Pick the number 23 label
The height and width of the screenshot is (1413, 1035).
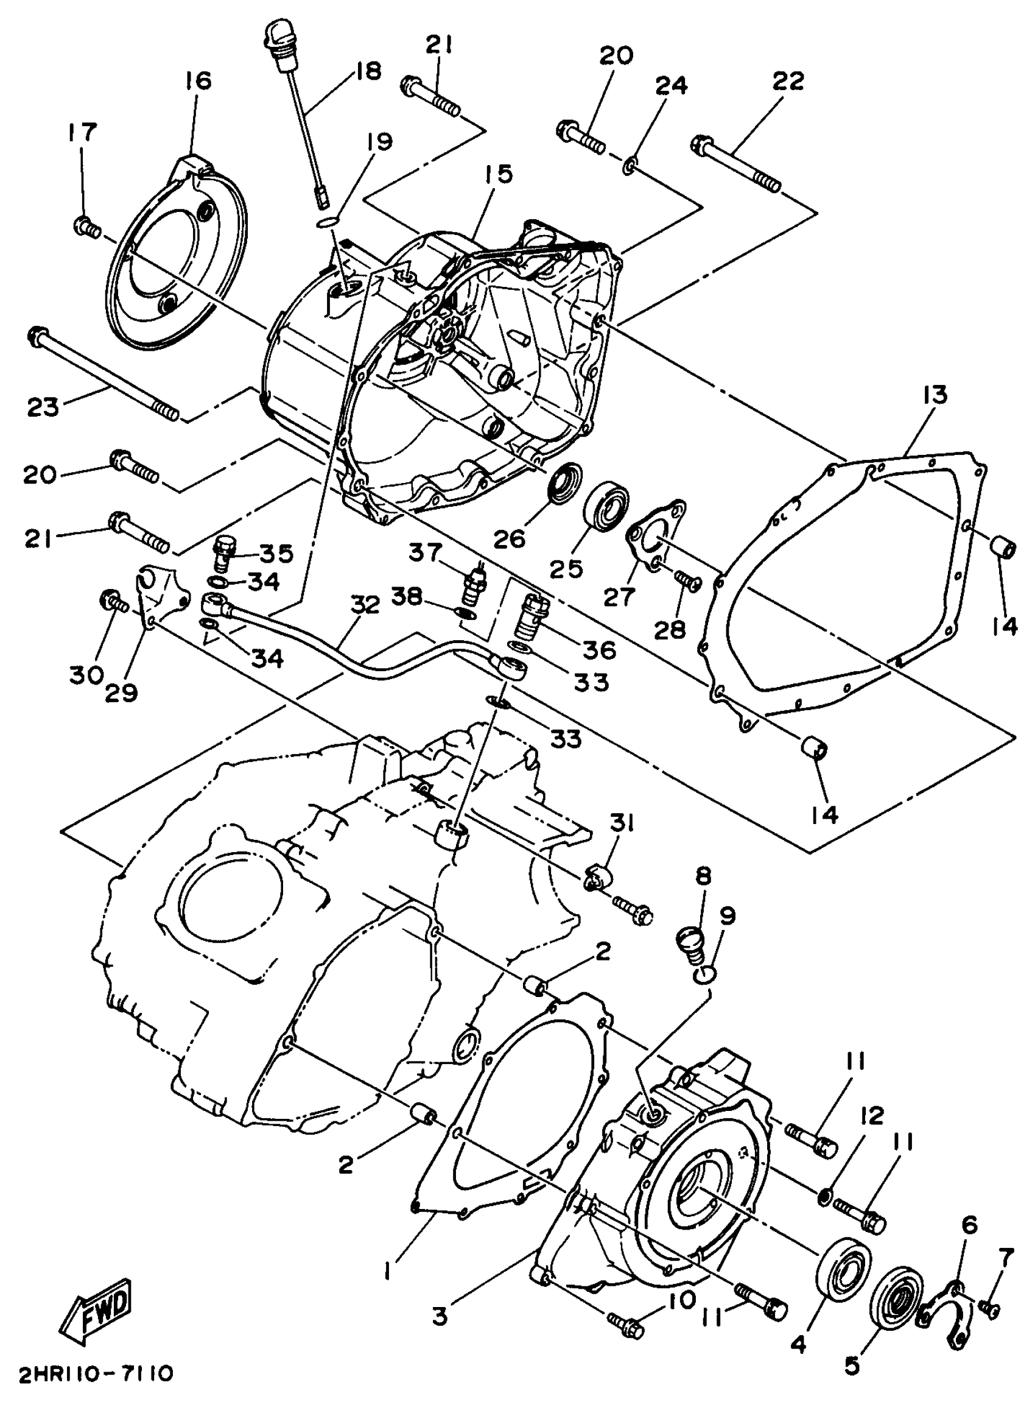43,407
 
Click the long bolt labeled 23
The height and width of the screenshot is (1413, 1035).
103,375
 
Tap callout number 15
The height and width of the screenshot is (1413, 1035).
497,174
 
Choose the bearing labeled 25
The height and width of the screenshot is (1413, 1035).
606,502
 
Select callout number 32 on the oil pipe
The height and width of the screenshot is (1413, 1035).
365,605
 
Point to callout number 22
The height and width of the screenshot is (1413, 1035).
788,81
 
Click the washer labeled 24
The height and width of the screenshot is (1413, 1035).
631,167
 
